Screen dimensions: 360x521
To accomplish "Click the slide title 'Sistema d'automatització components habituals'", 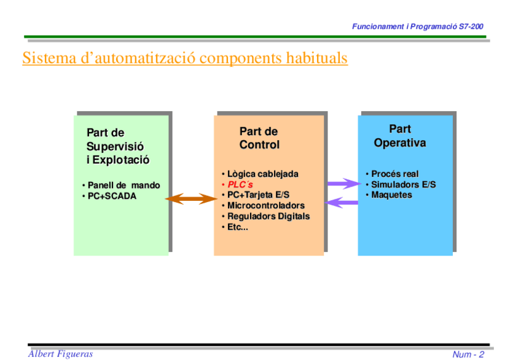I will (x=185, y=58).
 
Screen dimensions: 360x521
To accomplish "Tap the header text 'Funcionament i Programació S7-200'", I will (x=418, y=27).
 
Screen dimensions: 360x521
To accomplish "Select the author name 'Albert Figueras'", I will (x=61, y=353).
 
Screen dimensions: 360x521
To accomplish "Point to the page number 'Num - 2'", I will (x=469, y=354).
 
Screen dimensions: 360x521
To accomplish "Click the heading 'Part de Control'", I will (x=259, y=138).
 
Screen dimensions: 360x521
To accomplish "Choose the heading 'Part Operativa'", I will (x=400, y=136).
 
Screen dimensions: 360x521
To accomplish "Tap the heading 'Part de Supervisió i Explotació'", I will (x=118, y=146).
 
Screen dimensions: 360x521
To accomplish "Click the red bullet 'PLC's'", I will (x=240, y=184).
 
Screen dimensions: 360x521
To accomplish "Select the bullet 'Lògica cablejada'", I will (x=262, y=174).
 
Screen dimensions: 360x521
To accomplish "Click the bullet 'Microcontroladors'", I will (x=265, y=205).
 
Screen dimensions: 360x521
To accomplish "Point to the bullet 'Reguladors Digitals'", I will (x=268, y=216).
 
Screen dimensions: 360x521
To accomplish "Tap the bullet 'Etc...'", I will (x=237, y=227).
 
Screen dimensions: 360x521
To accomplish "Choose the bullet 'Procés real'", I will (x=394, y=174).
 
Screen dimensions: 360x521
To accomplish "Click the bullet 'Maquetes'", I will (x=391, y=195).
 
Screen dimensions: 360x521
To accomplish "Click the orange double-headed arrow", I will (x=190, y=198).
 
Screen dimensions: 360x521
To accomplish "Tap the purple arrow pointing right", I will (x=342, y=183).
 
